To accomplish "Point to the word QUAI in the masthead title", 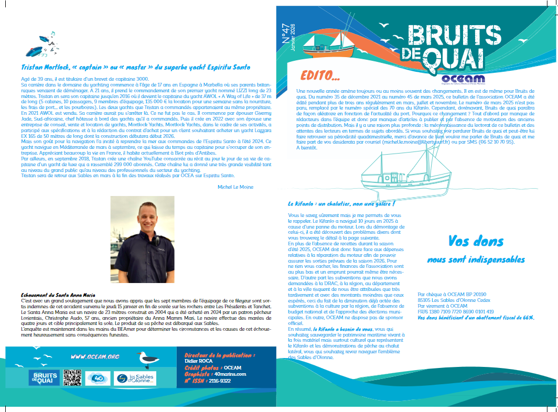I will pos(453,58).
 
